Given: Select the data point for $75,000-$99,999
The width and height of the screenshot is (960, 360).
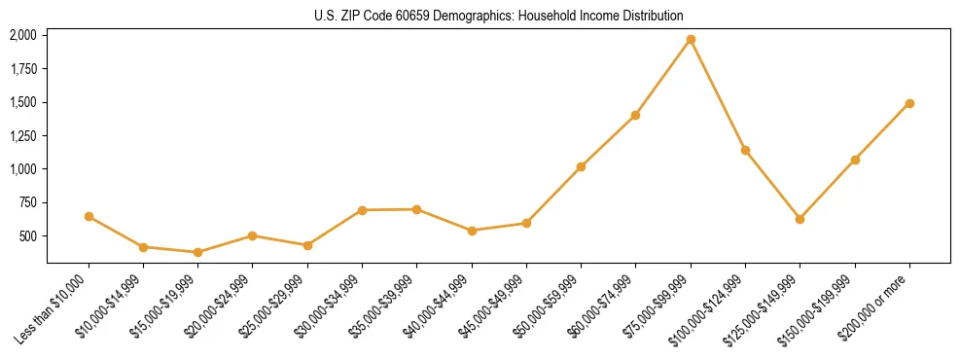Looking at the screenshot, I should (x=691, y=40).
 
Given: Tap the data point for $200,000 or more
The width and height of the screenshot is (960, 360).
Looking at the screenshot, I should (x=909, y=103).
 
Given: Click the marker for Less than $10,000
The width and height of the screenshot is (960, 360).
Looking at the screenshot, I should (x=89, y=216).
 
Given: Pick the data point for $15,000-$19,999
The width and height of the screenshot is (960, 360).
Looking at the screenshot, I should (x=197, y=252).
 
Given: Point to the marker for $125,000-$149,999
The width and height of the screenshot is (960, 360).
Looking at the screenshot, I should (x=800, y=219).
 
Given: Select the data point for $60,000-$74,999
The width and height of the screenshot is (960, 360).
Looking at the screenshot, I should (x=635, y=115).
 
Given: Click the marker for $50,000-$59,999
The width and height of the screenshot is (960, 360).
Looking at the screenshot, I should (x=581, y=166).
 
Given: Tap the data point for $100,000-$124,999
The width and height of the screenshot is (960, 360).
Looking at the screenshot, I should (x=745, y=150).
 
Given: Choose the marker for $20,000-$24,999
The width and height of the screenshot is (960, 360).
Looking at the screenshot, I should (x=252, y=235).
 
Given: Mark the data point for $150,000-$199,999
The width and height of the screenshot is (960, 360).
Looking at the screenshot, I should (x=855, y=160).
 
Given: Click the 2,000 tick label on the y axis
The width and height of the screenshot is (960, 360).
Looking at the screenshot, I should (x=22, y=35).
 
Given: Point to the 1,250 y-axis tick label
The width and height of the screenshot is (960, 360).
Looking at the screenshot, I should (x=22, y=135).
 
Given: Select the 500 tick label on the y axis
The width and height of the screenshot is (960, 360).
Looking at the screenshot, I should (x=28, y=236).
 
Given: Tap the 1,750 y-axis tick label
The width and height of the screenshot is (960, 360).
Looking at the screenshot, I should (x=22, y=69).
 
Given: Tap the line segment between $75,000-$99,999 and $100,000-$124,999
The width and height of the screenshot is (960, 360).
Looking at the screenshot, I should (x=718, y=95).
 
